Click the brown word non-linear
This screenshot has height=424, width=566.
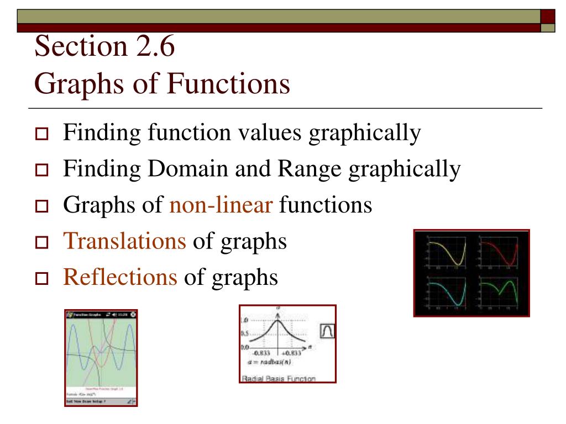tap(221, 205)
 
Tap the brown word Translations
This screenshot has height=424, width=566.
tap(125, 241)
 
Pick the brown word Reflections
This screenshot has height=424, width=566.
tap(120, 277)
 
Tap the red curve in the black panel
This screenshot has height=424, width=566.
tap(497, 251)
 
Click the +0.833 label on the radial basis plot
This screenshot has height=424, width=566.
tap(291, 354)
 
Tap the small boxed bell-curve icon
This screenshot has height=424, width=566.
tap(327, 331)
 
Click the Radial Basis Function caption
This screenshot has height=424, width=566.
tap(279, 379)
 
